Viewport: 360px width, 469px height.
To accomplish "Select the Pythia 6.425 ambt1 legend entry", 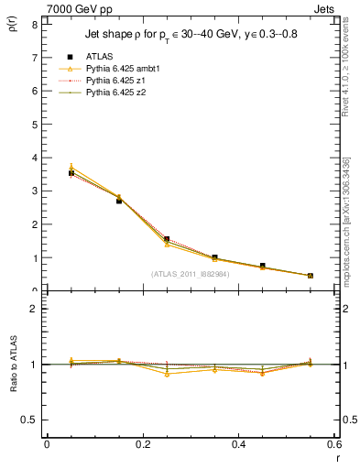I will [118, 69].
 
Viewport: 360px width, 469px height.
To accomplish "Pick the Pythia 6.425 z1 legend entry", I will [111, 81].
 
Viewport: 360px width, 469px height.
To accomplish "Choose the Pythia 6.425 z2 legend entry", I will [111, 93].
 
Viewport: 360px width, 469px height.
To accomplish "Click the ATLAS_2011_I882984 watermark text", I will [190, 273].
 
